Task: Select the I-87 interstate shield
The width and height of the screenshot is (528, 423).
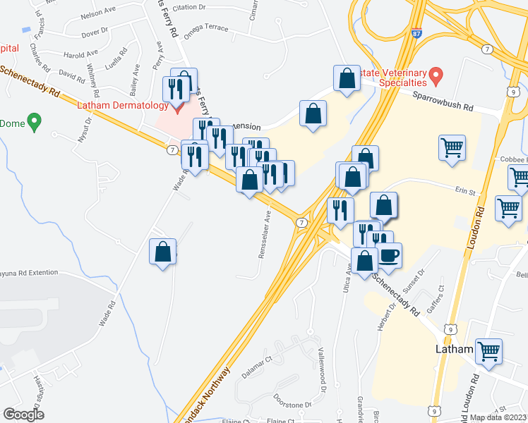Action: tap(416, 33)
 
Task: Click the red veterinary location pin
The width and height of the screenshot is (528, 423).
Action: tap(436, 74)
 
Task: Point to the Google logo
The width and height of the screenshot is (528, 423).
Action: tap(23, 414)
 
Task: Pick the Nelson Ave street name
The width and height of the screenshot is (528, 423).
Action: tap(97, 14)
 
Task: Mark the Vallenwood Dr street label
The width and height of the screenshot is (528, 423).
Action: tap(323, 380)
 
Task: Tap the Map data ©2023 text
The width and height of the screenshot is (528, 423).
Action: tap(498, 417)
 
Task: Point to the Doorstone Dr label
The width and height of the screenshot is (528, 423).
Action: tap(292, 400)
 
